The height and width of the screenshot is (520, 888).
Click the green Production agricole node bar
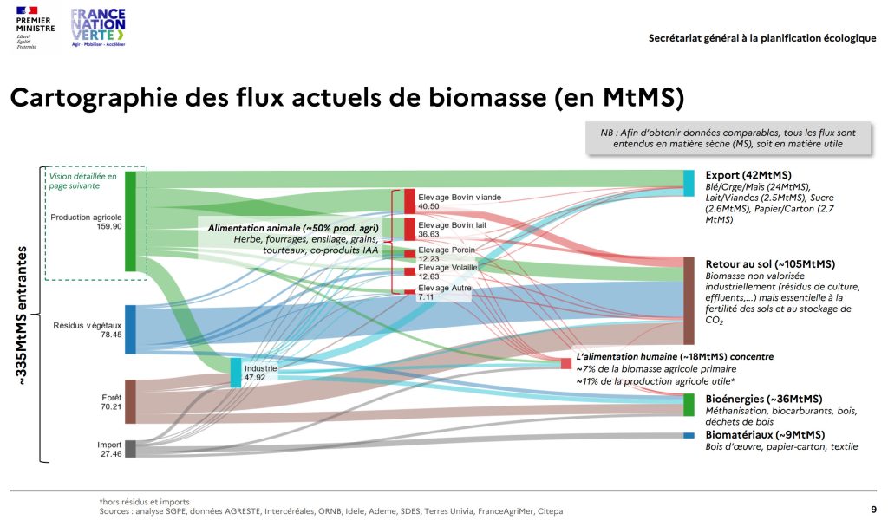click(x=130, y=221)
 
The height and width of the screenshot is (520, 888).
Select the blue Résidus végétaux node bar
click(x=130, y=329)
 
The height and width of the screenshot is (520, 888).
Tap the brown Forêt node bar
click(x=130, y=401)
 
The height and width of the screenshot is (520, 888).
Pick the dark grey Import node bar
click(x=130, y=448)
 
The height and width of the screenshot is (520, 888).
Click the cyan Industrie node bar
click(x=236, y=373)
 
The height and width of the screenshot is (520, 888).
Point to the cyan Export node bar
click(x=689, y=183)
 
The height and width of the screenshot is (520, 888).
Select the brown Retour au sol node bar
click(x=689, y=300)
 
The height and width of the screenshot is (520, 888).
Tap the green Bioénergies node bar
click(x=689, y=405)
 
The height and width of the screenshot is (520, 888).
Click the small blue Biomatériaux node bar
click(x=689, y=435)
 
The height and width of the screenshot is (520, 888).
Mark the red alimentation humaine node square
click(x=566, y=364)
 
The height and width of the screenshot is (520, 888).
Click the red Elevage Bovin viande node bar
click(x=409, y=200)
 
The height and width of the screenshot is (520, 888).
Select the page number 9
click(x=872, y=509)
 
